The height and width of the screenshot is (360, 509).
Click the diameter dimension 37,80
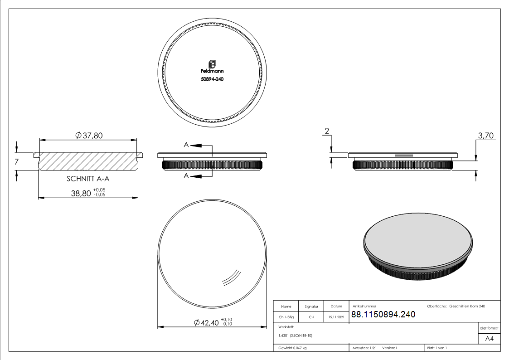pyautogui.click(x=89, y=136)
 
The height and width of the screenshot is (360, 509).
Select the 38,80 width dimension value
pyautogui.click(x=81, y=193)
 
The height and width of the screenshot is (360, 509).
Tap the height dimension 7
pyautogui.click(x=17, y=161)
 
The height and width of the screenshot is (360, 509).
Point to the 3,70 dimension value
pyautogui.click(x=485, y=136)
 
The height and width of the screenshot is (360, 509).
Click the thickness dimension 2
pyautogui.click(x=327, y=131)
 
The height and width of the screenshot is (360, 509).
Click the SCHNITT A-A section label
pyautogui.click(x=88, y=179)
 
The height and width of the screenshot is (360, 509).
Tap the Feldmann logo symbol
pyautogui.click(x=212, y=64)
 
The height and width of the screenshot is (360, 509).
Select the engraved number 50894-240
pyautogui.click(x=212, y=79)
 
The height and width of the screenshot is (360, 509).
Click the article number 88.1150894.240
pyautogui.click(x=383, y=314)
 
